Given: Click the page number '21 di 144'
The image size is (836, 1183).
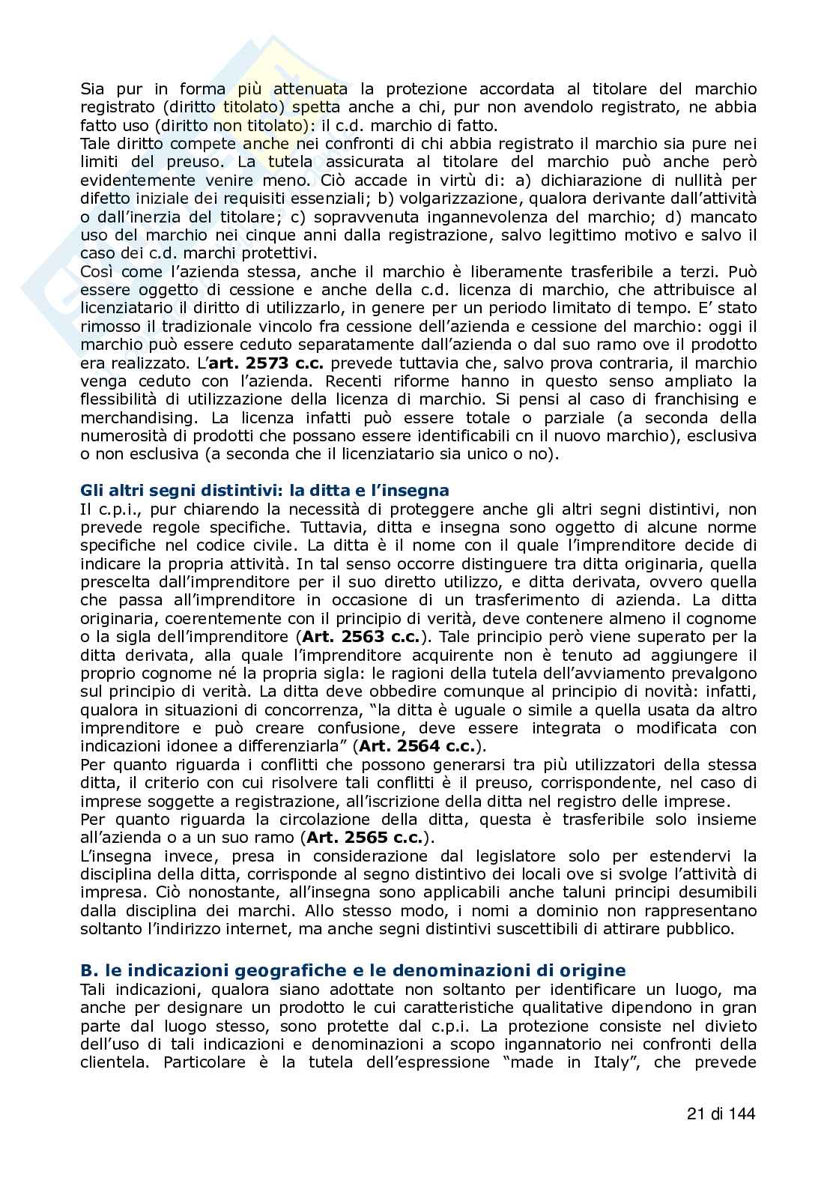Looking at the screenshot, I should point(721,1113).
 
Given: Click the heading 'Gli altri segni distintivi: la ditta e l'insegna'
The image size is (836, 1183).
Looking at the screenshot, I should point(264,491).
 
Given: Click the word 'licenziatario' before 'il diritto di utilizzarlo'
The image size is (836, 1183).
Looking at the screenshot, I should point(128,308).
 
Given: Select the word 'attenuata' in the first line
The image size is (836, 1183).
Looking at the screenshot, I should point(309,89).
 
